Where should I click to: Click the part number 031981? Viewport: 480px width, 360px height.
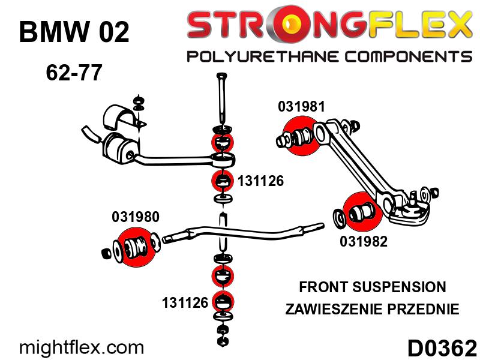301,107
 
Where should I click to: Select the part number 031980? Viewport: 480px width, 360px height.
136,217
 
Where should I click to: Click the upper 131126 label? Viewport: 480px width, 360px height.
260,180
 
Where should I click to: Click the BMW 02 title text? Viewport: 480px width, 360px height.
74,32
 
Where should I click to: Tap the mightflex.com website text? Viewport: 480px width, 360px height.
82,347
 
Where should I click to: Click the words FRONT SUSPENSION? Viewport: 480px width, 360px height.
373,287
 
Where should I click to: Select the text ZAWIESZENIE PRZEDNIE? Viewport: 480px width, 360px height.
373,310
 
